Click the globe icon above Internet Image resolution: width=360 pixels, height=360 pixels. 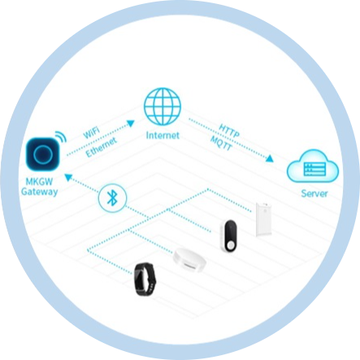tap(163, 106)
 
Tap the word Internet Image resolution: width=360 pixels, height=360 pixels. tap(163, 135)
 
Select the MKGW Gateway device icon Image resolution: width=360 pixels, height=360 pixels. tap(43, 154)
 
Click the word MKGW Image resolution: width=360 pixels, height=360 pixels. tap(40, 181)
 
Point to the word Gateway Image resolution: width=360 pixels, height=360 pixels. tap(40, 192)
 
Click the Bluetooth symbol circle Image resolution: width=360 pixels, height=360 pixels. tap(112, 197)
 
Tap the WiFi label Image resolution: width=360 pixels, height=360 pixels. tap(91, 132)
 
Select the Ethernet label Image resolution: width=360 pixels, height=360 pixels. tap(101, 147)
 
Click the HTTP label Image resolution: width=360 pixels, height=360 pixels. tap(229, 131)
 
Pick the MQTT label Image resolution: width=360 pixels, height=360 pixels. tap(221, 143)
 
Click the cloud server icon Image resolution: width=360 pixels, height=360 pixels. tap(313, 166)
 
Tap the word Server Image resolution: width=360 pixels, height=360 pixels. tap(314, 193)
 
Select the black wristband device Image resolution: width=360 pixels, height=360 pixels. tap(145, 279)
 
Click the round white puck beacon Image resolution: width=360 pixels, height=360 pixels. tap(189, 259)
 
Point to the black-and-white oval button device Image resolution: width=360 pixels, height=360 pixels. tap(229, 236)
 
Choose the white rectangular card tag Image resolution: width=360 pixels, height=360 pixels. tap(263, 219)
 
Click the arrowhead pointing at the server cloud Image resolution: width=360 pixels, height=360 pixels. tap(270, 158)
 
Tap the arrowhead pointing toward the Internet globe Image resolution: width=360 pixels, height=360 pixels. tap(131, 124)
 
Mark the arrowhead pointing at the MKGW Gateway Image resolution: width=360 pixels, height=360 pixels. tap(68, 177)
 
